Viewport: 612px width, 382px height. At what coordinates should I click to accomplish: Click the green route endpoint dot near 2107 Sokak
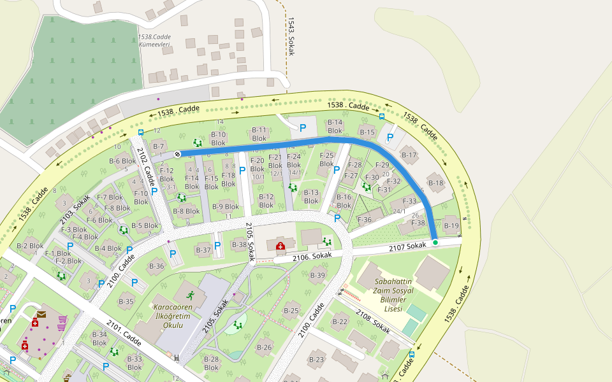click(435, 243)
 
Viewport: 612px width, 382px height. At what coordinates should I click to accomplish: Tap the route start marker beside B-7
click(177, 153)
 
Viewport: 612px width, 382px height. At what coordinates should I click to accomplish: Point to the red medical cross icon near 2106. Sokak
click(279, 246)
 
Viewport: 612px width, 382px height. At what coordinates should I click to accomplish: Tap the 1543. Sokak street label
click(291, 36)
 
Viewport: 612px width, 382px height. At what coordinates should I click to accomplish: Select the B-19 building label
click(451, 226)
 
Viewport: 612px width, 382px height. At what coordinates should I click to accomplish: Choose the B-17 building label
click(409, 155)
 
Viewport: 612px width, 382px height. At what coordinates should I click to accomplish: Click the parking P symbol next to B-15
click(390, 137)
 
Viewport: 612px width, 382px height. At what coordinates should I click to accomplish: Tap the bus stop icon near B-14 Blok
click(382, 116)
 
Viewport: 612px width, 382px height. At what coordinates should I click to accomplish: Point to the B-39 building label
click(317, 275)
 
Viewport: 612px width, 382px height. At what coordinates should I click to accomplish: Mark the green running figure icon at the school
click(190, 295)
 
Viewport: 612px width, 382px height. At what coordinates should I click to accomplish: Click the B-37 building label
click(203, 250)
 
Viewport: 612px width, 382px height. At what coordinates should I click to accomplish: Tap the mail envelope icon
click(41, 314)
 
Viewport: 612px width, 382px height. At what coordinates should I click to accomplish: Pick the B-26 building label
click(264, 347)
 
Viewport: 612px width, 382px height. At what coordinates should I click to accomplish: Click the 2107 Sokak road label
click(407, 246)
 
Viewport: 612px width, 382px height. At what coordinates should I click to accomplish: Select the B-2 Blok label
click(30, 246)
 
